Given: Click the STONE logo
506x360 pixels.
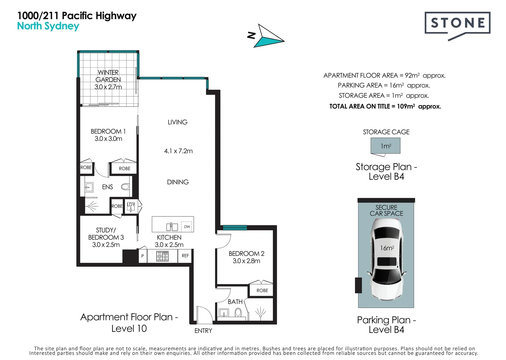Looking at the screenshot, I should click(x=457, y=23).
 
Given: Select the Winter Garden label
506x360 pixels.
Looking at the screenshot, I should click(x=108, y=80).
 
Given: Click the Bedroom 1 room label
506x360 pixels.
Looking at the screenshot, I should click(x=108, y=135).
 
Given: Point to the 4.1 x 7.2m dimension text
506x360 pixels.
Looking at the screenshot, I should click(x=178, y=151).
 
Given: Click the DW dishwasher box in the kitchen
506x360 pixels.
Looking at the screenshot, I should click(x=187, y=227).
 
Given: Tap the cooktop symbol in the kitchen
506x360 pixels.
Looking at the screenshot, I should click(x=162, y=256).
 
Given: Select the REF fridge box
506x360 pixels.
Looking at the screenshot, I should click(x=185, y=256).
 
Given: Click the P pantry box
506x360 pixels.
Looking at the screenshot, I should click(x=142, y=256).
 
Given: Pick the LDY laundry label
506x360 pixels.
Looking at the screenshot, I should click(x=131, y=205).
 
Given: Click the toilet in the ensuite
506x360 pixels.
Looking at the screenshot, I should click(x=125, y=187).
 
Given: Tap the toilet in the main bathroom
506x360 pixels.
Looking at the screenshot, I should click(x=238, y=312).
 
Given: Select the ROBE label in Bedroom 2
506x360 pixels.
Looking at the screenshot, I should click(x=262, y=290).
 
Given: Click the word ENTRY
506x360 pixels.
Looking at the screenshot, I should click(x=203, y=331).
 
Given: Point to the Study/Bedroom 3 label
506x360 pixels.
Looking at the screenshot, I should click(x=106, y=237).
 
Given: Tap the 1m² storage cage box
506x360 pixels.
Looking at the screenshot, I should click(x=386, y=146).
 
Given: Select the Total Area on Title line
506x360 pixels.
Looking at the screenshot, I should click(x=385, y=106).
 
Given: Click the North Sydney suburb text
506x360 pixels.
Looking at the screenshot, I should click(x=48, y=26).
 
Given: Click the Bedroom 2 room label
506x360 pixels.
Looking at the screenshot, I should click(x=246, y=257).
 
